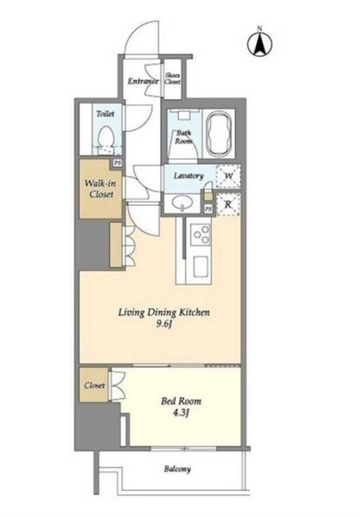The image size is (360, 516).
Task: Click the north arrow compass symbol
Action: tap(260, 43)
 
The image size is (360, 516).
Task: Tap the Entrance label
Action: tap(143, 81)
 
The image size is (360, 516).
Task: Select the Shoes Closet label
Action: tap(172, 79)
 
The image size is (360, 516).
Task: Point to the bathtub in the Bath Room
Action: tap(218, 133)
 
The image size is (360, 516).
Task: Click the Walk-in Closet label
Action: tap(100, 189)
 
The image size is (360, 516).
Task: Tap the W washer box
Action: tap(228, 176)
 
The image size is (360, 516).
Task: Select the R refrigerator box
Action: tap(228, 204)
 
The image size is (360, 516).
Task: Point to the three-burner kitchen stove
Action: tap(201, 234)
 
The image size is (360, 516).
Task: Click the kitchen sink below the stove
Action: tap(201, 267)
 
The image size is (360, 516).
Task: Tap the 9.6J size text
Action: tap(164, 324)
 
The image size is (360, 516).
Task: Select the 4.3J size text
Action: tap(181, 413)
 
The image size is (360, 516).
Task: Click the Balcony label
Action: tap(177, 469)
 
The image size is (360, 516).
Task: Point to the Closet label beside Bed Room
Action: tap(94, 385)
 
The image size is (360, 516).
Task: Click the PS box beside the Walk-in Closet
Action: tap(117, 163)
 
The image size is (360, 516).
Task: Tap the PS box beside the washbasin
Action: tap(208, 209)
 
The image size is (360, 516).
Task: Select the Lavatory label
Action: tap(189, 175)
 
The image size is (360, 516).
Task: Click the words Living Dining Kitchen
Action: tap(164, 312)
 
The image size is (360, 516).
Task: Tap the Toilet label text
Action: tap(105, 114)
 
